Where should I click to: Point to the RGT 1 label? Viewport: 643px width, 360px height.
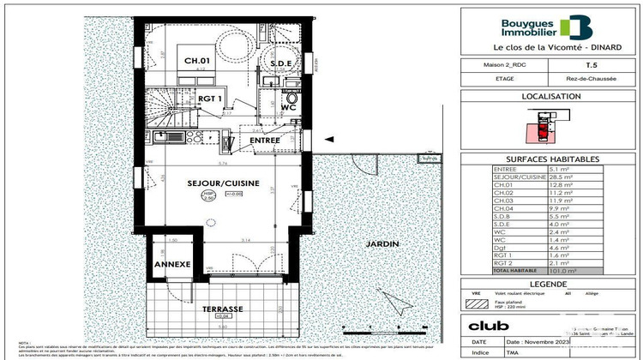point(210,99)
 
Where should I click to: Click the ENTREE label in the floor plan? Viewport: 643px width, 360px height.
point(265,140)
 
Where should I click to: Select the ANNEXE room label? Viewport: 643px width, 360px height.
point(171,265)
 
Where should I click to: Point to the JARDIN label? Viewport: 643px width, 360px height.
point(384,244)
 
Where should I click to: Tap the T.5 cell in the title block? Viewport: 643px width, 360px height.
point(592,64)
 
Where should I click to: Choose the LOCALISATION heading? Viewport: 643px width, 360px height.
point(550,97)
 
